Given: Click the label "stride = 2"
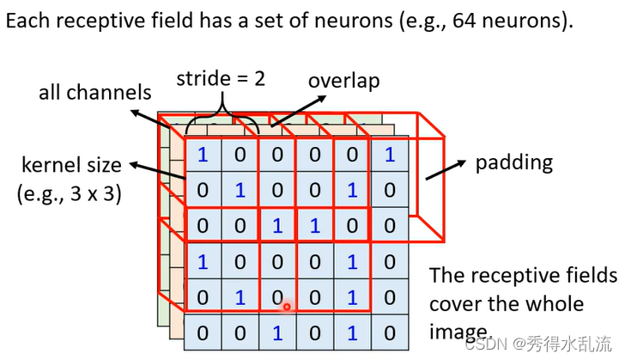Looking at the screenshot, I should coord(221,80).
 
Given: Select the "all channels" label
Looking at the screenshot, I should coord(94,92).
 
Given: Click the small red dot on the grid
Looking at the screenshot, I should coord(287,306).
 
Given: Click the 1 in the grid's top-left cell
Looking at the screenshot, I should coord(203,155).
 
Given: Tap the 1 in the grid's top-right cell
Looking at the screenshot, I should coord(390,155).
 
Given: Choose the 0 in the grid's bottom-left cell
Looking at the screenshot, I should coord(203,333).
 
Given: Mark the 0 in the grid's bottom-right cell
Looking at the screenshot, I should coord(390,333).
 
